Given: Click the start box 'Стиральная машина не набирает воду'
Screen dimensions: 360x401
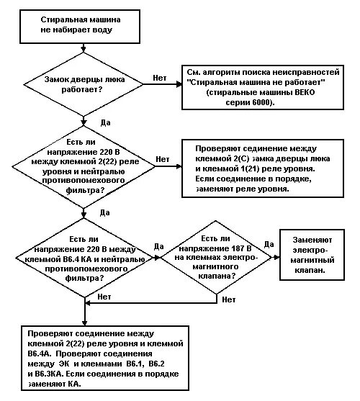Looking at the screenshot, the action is [80, 27].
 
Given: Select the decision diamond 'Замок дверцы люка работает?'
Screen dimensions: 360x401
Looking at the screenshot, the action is [84, 84].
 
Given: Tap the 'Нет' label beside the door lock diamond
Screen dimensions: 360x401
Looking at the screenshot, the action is [160, 78].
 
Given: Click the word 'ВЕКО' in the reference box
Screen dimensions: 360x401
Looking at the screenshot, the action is [305, 92].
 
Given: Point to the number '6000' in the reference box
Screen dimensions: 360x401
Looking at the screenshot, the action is [261, 102].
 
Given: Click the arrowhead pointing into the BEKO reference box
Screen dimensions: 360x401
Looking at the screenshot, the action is [179, 84].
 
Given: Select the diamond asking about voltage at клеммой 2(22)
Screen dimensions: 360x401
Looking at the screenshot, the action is [84, 167].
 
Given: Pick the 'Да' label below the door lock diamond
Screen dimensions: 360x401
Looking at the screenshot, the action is [105, 122].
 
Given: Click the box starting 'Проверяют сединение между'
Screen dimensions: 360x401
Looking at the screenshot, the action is [263, 168].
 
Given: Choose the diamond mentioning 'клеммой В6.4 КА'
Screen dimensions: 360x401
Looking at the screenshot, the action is [85, 258].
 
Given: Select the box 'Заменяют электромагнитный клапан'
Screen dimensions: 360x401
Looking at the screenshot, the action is [312, 255].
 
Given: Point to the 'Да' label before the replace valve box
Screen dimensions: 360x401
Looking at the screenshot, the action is [269, 244].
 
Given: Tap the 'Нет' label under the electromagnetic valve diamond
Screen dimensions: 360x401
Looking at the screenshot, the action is [228, 299].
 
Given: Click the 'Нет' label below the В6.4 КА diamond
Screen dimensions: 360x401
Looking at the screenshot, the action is [104, 297].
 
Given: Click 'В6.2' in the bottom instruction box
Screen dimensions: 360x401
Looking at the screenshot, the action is [156, 364].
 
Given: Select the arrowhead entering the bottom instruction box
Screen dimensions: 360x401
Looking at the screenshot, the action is [85, 323].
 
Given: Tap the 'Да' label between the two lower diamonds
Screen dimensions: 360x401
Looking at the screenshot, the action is [158, 246].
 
